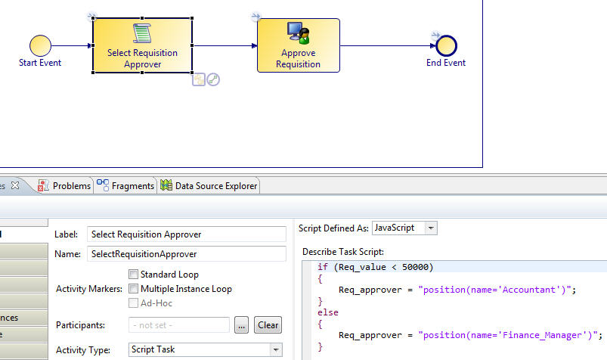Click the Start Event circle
pos(40,45)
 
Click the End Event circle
pos(446,45)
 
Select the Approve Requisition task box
pos(298,45)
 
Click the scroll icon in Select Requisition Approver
pos(141,33)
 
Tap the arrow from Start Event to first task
pos(72,45)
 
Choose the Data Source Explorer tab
pos(209,185)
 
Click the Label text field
pos(186,234)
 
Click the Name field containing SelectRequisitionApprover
pos(186,254)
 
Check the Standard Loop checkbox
pos(134,275)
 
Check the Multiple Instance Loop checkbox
pos(134,289)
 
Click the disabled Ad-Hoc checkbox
pos(134,303)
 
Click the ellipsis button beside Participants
pos(241,325)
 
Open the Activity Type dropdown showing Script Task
pos(204,349)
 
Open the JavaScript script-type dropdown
pos(404,228)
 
